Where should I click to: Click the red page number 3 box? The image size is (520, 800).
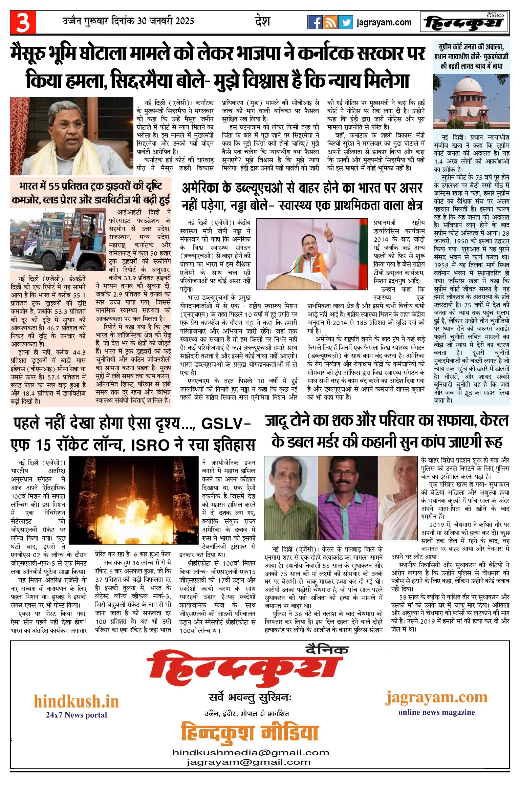coord(23,22)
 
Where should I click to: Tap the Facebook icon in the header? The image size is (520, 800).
coord(315,22)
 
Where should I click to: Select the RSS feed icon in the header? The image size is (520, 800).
coord(330,22)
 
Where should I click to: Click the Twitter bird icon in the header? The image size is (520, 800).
coord(345,22)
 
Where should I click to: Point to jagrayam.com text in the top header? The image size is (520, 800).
coord(384,23)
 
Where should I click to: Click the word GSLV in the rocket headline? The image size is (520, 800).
coord(222,424)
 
